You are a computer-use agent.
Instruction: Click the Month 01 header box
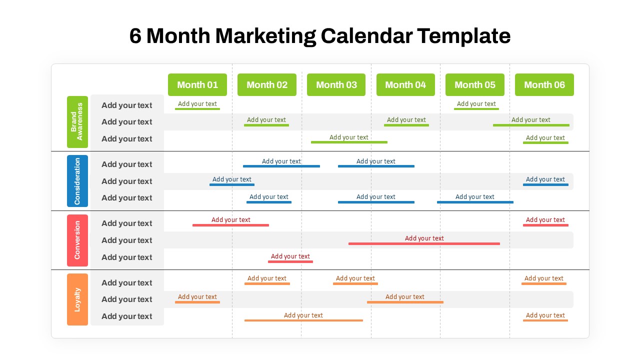(x=197, y=85)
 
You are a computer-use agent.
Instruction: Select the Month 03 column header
(x=336, y=85)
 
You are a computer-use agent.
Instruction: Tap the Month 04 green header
(x=405, y=85)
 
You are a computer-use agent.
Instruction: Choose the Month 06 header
(x=544, y=85)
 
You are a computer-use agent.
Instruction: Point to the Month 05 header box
(x=475, y=85)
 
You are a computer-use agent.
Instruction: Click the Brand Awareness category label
(x=77, y=122)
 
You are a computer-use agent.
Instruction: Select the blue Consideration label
(x=77, y=181)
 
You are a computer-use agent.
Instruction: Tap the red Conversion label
(x=77, y=240)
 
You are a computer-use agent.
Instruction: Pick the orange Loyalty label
(x=77, y=299)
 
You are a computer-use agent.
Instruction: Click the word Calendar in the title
(x=366, y=36)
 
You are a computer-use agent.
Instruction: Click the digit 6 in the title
(x=135, y=36)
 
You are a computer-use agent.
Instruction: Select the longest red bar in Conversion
(x=424, y=243)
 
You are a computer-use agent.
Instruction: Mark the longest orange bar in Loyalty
(x=303, y=320)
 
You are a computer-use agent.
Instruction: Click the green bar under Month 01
(x=197, y=109)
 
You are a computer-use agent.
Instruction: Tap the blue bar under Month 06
(x=545, y=184)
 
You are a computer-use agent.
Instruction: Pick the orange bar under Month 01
(x=197, y=302)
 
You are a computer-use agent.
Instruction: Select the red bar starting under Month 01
(x=230, y=225)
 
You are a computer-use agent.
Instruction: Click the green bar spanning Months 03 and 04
(x=349, y=142)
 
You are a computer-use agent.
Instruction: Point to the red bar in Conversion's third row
(x=290, y=261)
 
